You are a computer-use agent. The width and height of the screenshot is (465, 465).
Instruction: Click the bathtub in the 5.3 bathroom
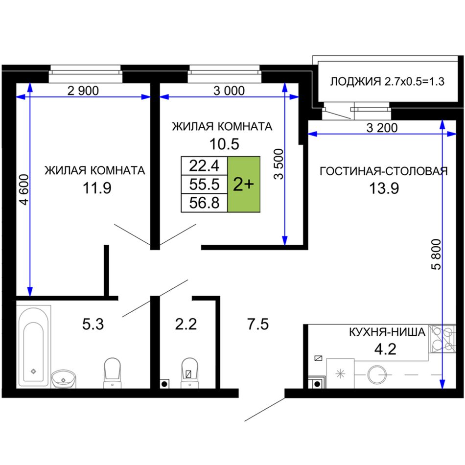point(33,347)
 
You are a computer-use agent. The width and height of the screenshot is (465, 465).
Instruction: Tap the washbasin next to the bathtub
point(63,378)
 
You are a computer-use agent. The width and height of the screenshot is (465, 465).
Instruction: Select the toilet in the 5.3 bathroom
point(113,373)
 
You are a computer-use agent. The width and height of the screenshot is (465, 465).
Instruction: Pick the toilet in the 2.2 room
point(189,373)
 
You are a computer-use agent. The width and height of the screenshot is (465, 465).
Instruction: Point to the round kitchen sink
point(377,374)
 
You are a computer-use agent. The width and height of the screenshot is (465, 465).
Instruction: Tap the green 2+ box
point(244,184)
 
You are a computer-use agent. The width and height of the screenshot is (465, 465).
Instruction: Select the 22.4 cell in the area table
point(204,165)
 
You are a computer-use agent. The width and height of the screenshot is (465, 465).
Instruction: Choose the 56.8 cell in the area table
point(204,203)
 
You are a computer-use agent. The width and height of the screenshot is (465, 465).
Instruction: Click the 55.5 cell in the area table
point(204,184)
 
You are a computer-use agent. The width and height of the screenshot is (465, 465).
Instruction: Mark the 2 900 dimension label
point(83,91)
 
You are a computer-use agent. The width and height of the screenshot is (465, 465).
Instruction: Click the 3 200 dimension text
point(382,128)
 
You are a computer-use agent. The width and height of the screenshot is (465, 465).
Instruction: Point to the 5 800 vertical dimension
point(436,254)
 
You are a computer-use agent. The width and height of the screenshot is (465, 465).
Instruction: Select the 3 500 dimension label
point(279,164)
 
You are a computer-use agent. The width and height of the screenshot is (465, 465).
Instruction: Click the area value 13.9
point(384,188)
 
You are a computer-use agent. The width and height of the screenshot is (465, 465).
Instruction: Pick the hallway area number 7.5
point(258,324)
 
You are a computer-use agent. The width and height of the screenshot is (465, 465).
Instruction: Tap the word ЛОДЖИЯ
point(355,81)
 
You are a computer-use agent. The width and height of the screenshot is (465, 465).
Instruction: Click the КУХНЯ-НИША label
point(387,332)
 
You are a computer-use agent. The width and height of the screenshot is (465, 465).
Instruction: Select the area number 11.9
point(97,188)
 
